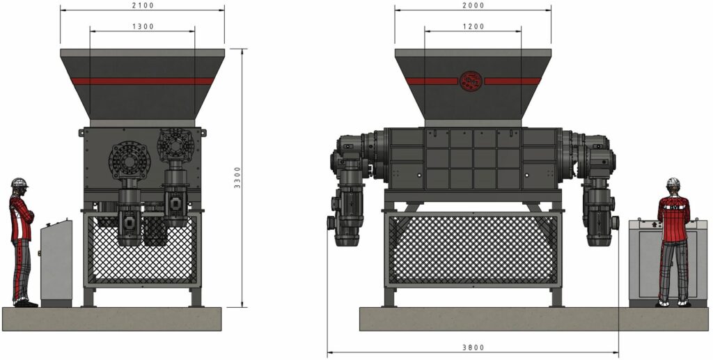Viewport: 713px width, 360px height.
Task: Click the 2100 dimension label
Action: tap(142, 6)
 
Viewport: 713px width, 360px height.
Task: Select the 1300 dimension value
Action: tap(143, 26)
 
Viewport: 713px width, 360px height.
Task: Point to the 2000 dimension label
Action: tap(473, 6)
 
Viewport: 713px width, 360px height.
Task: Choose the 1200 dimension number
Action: tap(473, 26)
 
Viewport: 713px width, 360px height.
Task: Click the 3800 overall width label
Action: tap(473, 347)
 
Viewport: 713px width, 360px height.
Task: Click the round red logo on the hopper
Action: tap(471, 81)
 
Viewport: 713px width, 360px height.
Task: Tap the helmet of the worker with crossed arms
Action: tap(19, 182)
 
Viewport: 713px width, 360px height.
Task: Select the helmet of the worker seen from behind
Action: tap(673, 182)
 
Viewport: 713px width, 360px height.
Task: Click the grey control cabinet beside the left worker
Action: tap(56, 263)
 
